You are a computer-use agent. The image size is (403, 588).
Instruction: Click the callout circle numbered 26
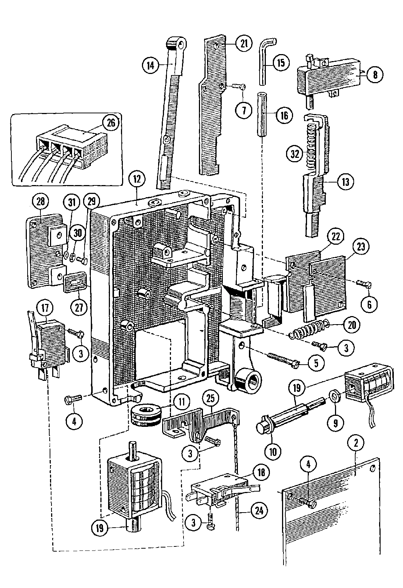pos(110,123)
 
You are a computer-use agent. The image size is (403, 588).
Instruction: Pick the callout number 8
pos(374,75)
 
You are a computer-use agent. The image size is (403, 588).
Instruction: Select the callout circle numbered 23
pos(361,247)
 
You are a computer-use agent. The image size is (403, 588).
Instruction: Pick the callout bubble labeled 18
pos(261,472)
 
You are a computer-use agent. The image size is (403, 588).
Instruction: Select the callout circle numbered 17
pos(48,308)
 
